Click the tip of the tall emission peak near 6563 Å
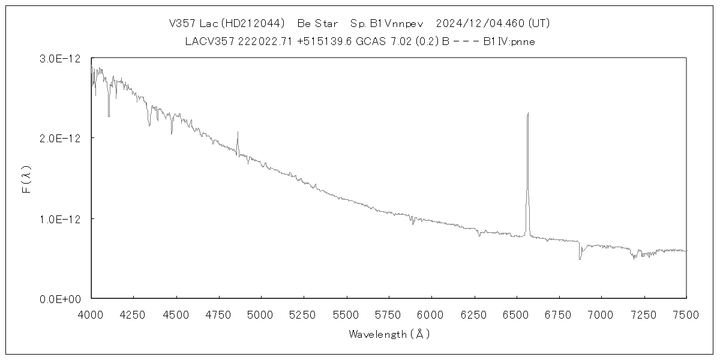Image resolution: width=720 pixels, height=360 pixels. coord(527,113)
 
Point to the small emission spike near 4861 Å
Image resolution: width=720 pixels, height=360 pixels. coord(238,132)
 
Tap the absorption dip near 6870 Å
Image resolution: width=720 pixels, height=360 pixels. coord(580,259)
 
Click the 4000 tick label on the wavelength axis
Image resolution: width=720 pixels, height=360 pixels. coord(91,313)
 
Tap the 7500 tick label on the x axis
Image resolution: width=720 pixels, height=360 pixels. coord(686,313)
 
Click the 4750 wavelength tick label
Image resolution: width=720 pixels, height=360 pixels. coord(219,313)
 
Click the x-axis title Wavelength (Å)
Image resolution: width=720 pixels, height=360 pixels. coord(389,334)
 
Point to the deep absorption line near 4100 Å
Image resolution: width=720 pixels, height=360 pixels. coord(109,116)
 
